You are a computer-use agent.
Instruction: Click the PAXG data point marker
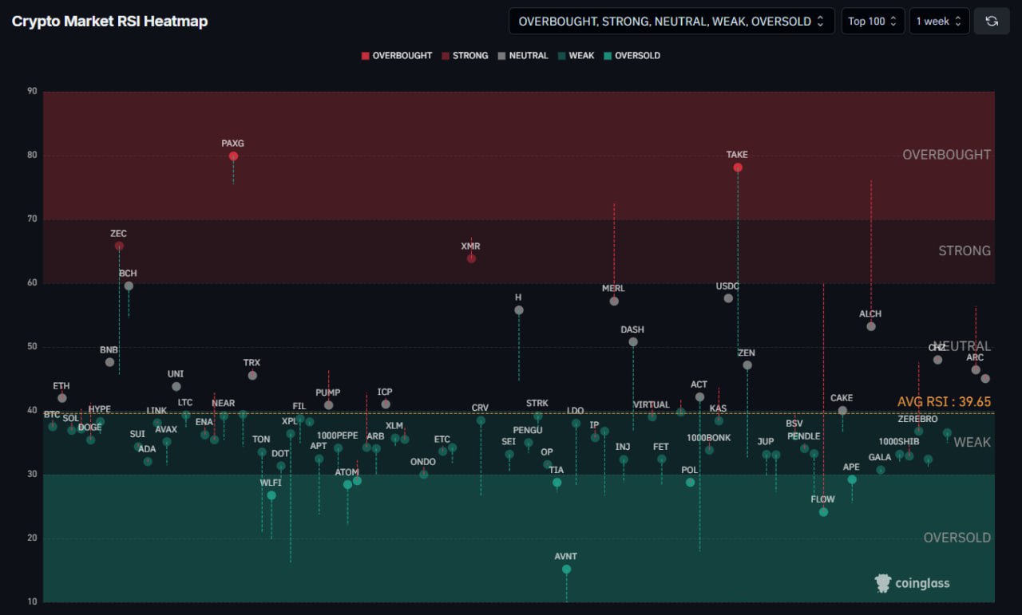[x=233, y=156]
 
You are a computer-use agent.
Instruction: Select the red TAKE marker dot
[x=738, y=168]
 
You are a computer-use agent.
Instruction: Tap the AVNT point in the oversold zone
[x=566, y=570]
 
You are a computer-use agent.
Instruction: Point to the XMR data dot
[x=471, y=258]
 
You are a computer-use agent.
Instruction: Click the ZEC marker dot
[x=119, y=246]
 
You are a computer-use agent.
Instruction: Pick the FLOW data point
[x=823, y=512]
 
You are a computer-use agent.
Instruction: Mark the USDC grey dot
[x=728, y=298]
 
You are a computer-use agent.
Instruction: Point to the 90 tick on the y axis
[x=32, y=91]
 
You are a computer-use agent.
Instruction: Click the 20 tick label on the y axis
[x=32, y=538]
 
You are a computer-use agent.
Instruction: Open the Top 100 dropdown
[x=873, y=22]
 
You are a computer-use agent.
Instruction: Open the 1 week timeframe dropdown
[x=939, y=22]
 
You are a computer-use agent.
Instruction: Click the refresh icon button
[x=992, y=22]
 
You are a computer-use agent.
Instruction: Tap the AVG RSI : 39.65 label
[x=944, y=402]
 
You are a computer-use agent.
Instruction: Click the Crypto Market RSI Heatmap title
[x=109, y=22]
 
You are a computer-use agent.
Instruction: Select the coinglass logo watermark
[x=913, y=583]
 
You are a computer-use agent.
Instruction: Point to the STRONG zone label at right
[x=964, y=250]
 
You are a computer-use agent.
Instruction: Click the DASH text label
[x=632, y=329]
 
